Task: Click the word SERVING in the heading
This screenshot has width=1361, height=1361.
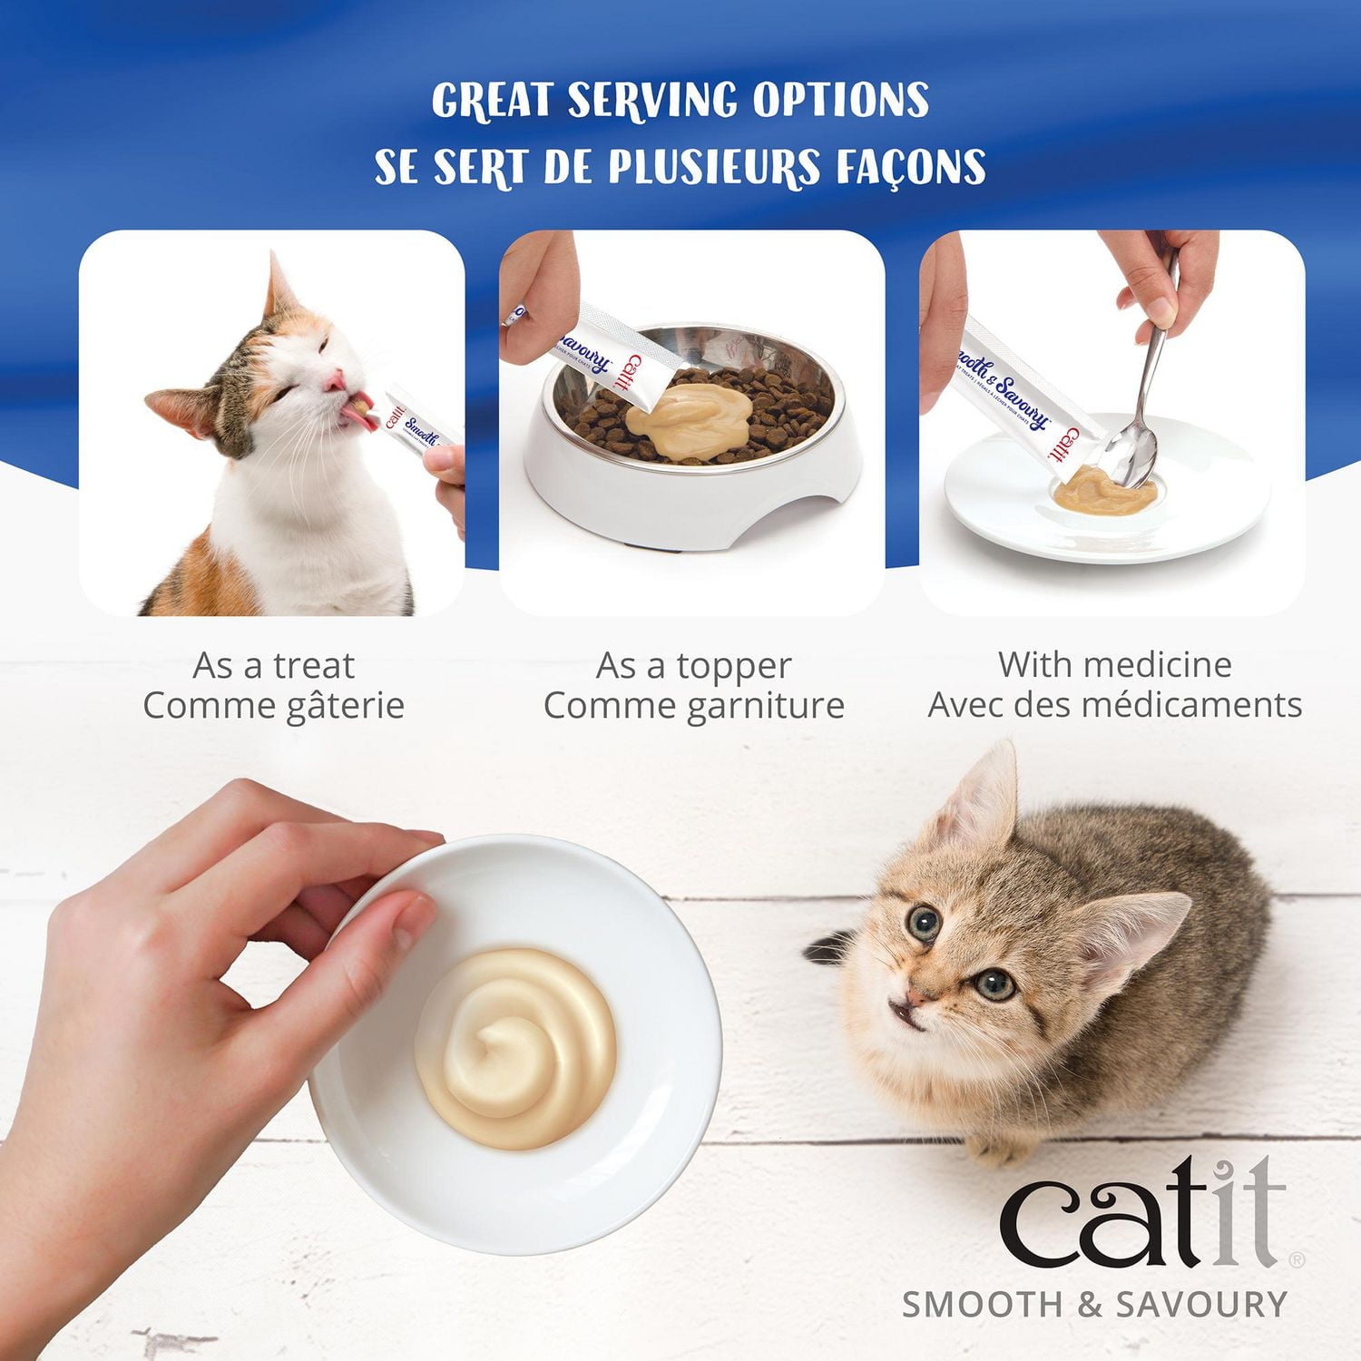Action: coord(651,100)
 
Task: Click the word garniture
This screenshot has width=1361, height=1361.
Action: coord(764,706)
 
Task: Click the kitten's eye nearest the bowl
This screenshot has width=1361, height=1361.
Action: coord(924,924)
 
